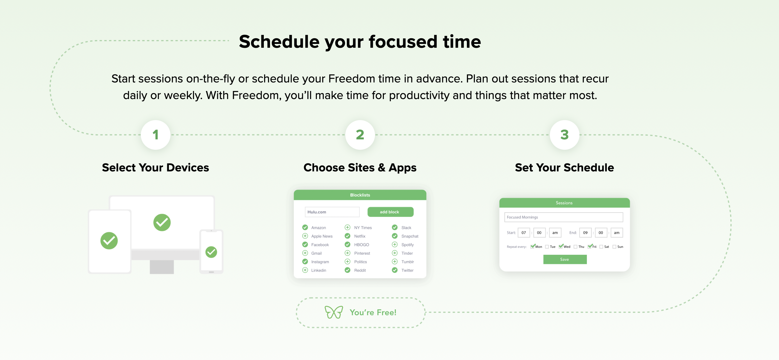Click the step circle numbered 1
pos(155,135)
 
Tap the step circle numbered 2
pos(360,135)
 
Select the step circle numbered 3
pos(564,135)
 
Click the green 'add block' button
pos(390,212)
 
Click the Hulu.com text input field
pos(332,212)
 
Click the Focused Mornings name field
pos(564,217)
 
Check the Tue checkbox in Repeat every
pos(547,246)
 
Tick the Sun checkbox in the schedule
pos(614,246)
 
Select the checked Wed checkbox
pos(561,246)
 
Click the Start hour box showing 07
pos(523,233)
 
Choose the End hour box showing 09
pos(585,233)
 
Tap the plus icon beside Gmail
pos(305,253)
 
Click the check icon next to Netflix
pos(347,236)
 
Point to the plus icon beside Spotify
pos(395,244)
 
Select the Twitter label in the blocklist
pos(407,270)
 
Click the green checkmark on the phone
pos(211,252)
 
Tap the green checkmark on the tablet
pos(109,240)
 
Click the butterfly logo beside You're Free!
pos(333,312)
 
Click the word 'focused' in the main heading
pos(403,42)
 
